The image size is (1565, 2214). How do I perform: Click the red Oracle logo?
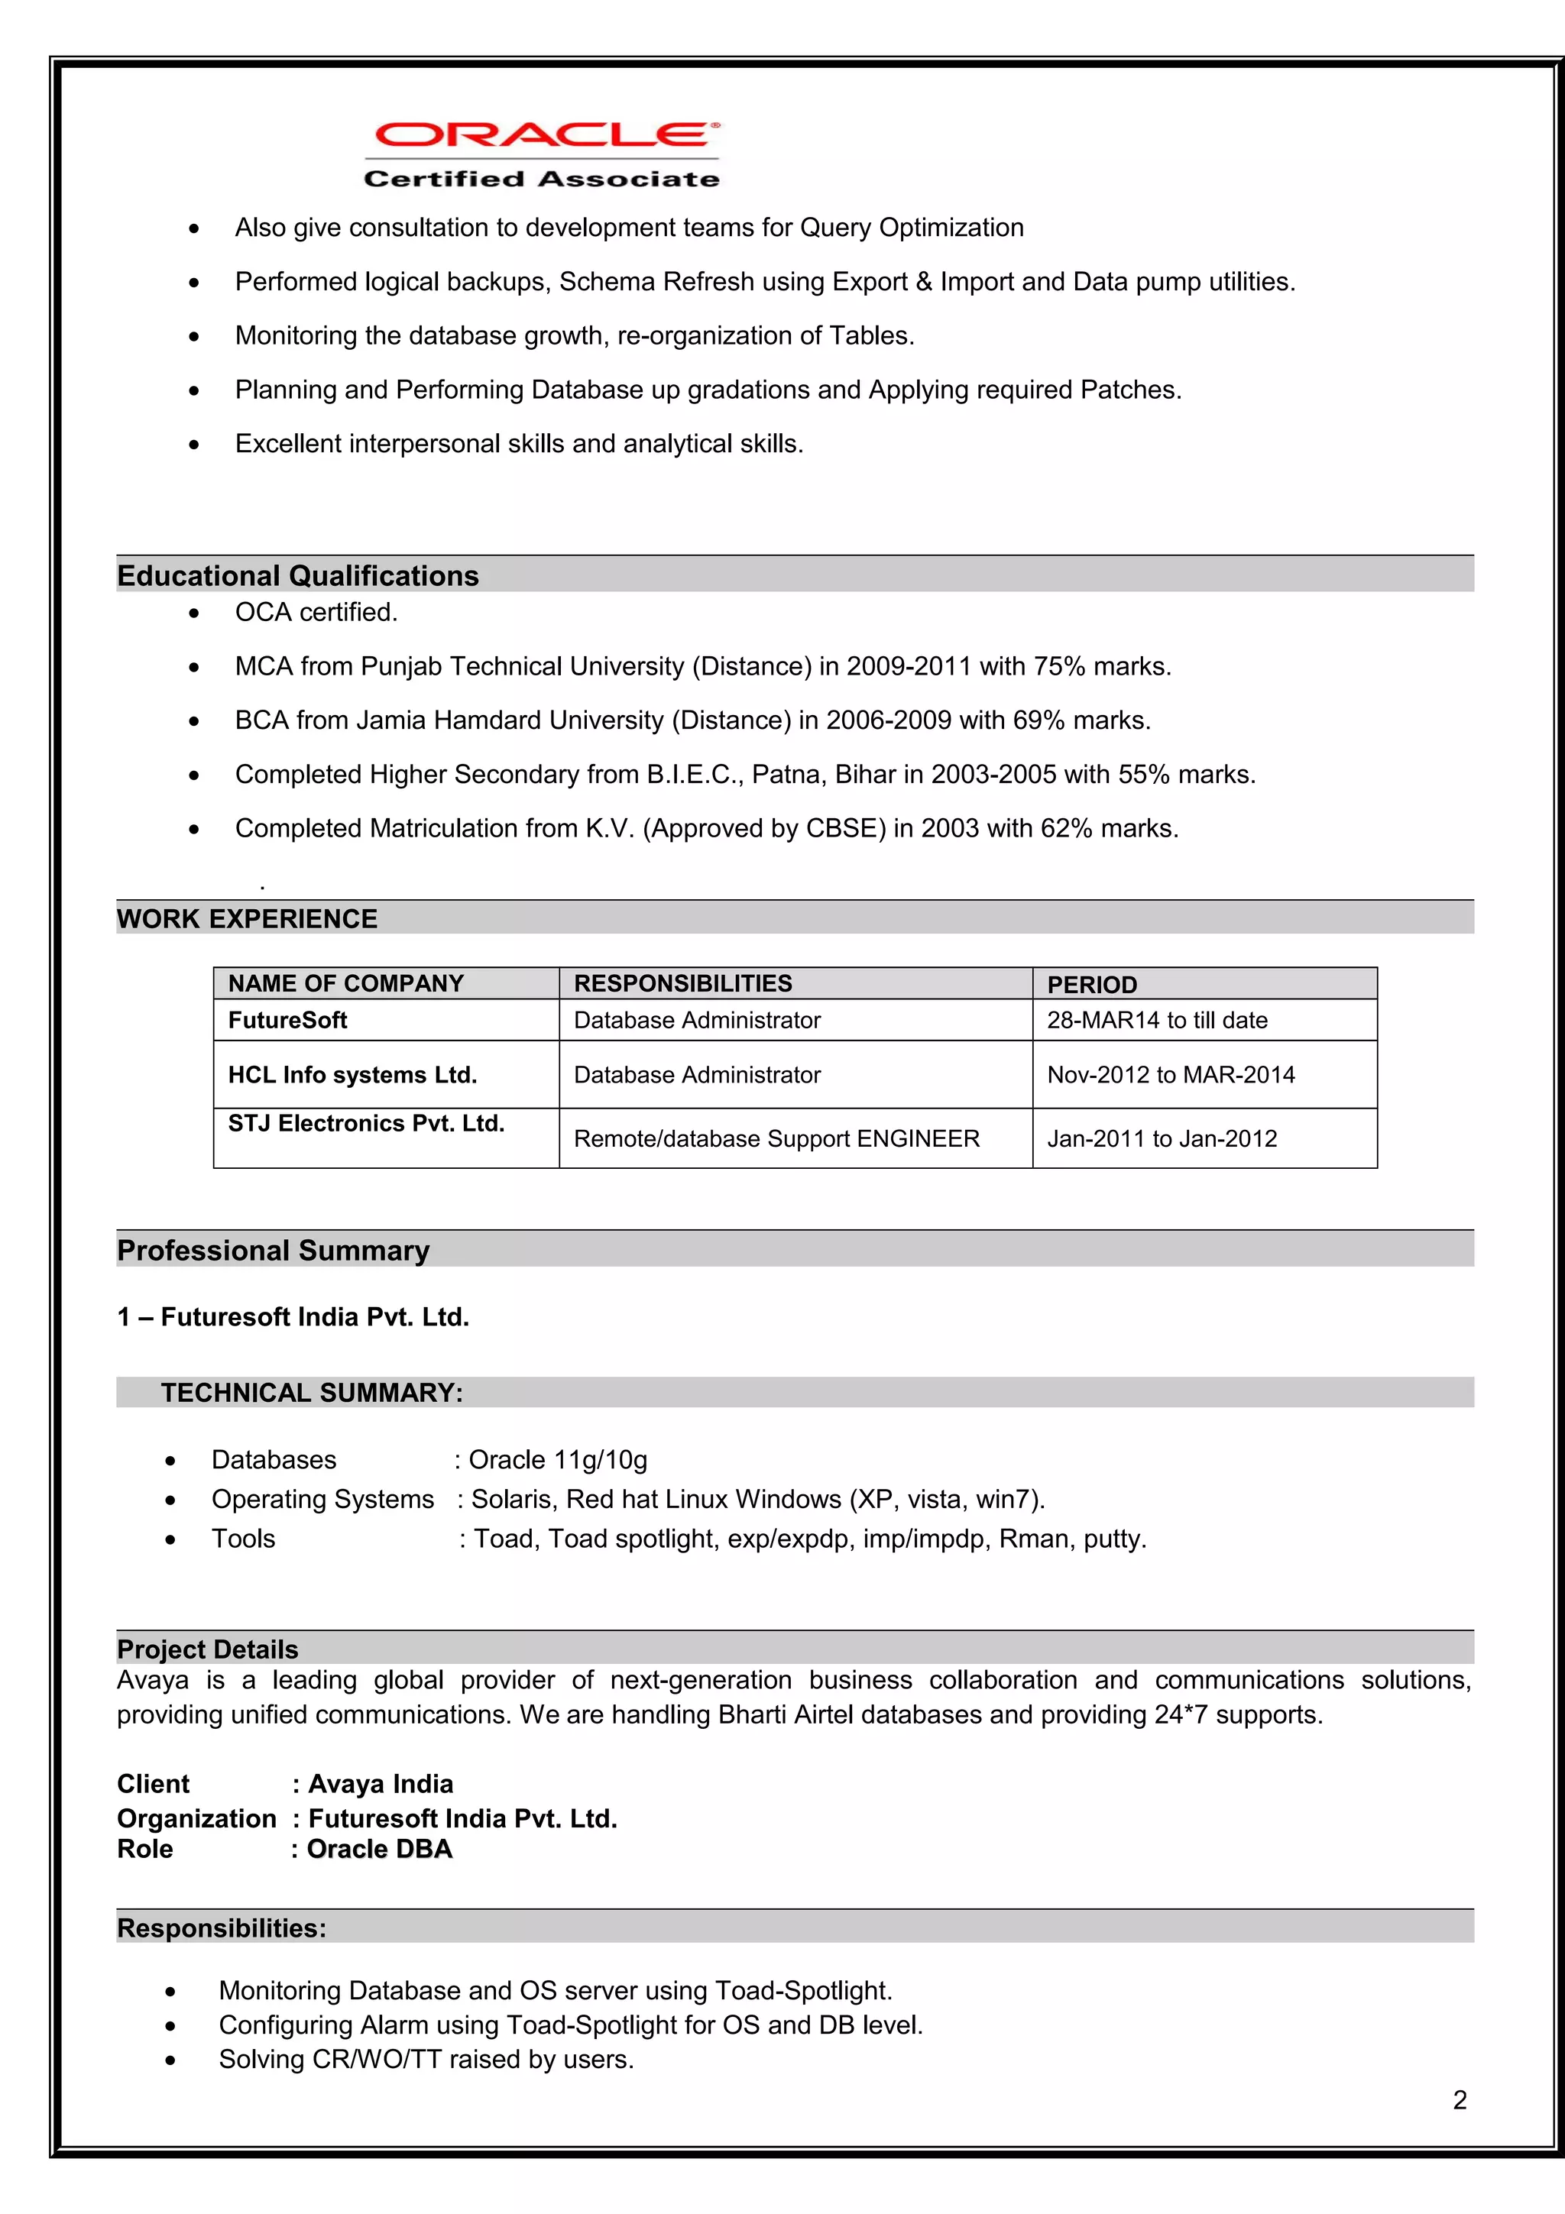tap(543, 135)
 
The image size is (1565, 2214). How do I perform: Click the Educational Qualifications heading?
tap(298, 576)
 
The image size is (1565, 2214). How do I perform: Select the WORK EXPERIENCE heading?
tap(247, 919)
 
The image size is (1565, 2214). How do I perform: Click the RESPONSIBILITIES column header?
tap(682, 983)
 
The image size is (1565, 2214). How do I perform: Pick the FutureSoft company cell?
tap(287, 1020)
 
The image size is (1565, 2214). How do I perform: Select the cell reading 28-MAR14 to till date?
tap(1157, 1020)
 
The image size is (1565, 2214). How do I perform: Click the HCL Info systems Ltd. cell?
tap(352, 1075)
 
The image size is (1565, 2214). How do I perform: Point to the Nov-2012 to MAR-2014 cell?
tap(1171, 1075)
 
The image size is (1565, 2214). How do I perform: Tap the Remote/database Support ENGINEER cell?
tap(776, 1139)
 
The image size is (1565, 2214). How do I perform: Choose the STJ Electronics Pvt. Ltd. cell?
tap(367, 1123)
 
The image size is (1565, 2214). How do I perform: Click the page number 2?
tap(1459, 2099)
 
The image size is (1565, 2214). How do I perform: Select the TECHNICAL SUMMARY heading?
tap(312, 1393)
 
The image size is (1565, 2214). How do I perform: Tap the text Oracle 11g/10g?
tap(557, 1460)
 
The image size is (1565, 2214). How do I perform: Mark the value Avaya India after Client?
tap(380, 1784)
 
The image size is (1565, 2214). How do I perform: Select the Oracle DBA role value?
tap(379, 1849)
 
